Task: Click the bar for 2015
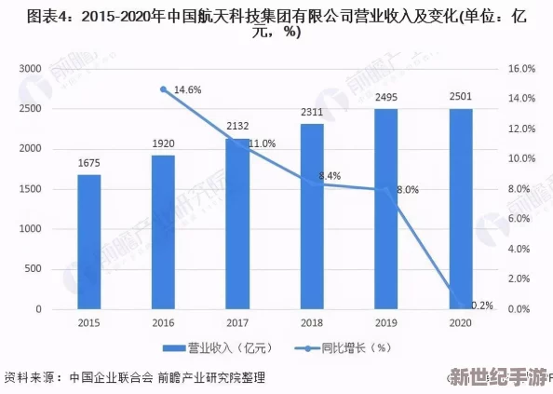89,241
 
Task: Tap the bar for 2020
461,209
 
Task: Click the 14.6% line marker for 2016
164,89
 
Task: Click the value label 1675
89,163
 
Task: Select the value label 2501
461,97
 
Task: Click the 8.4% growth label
330,175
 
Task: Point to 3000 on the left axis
31,70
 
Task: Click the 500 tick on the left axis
34,269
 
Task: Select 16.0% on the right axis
519,70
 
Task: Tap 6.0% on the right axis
519,219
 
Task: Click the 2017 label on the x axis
238,322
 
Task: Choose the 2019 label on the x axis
386,322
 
